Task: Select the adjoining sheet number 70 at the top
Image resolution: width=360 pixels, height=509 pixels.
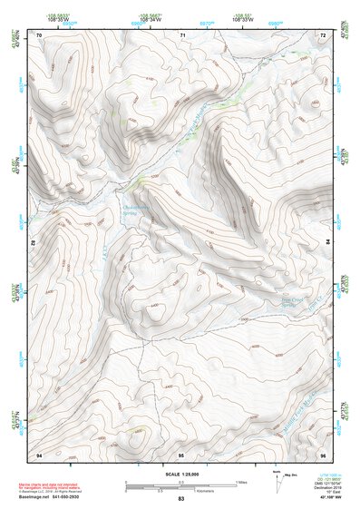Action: [x=39, y=34]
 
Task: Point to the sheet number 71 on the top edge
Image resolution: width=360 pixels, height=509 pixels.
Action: [x=182, y=34]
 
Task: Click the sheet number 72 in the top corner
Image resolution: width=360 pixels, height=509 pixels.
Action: [x=323, y=34]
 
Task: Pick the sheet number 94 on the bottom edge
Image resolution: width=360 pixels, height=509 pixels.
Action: [x=39, y=454]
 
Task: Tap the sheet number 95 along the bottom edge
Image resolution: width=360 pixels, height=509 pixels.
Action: [x=181, y=454]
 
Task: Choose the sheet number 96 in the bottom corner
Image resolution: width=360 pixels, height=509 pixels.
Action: [x=323, y=454]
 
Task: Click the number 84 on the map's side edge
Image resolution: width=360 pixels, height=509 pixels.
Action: [x=327, y=243]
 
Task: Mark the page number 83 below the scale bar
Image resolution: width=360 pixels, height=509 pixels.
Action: [x=180, y=499]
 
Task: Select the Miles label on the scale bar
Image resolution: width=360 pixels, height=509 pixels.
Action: [x=242, y=482]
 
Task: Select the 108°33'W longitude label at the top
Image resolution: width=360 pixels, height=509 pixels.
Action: [x=243, y=19]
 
